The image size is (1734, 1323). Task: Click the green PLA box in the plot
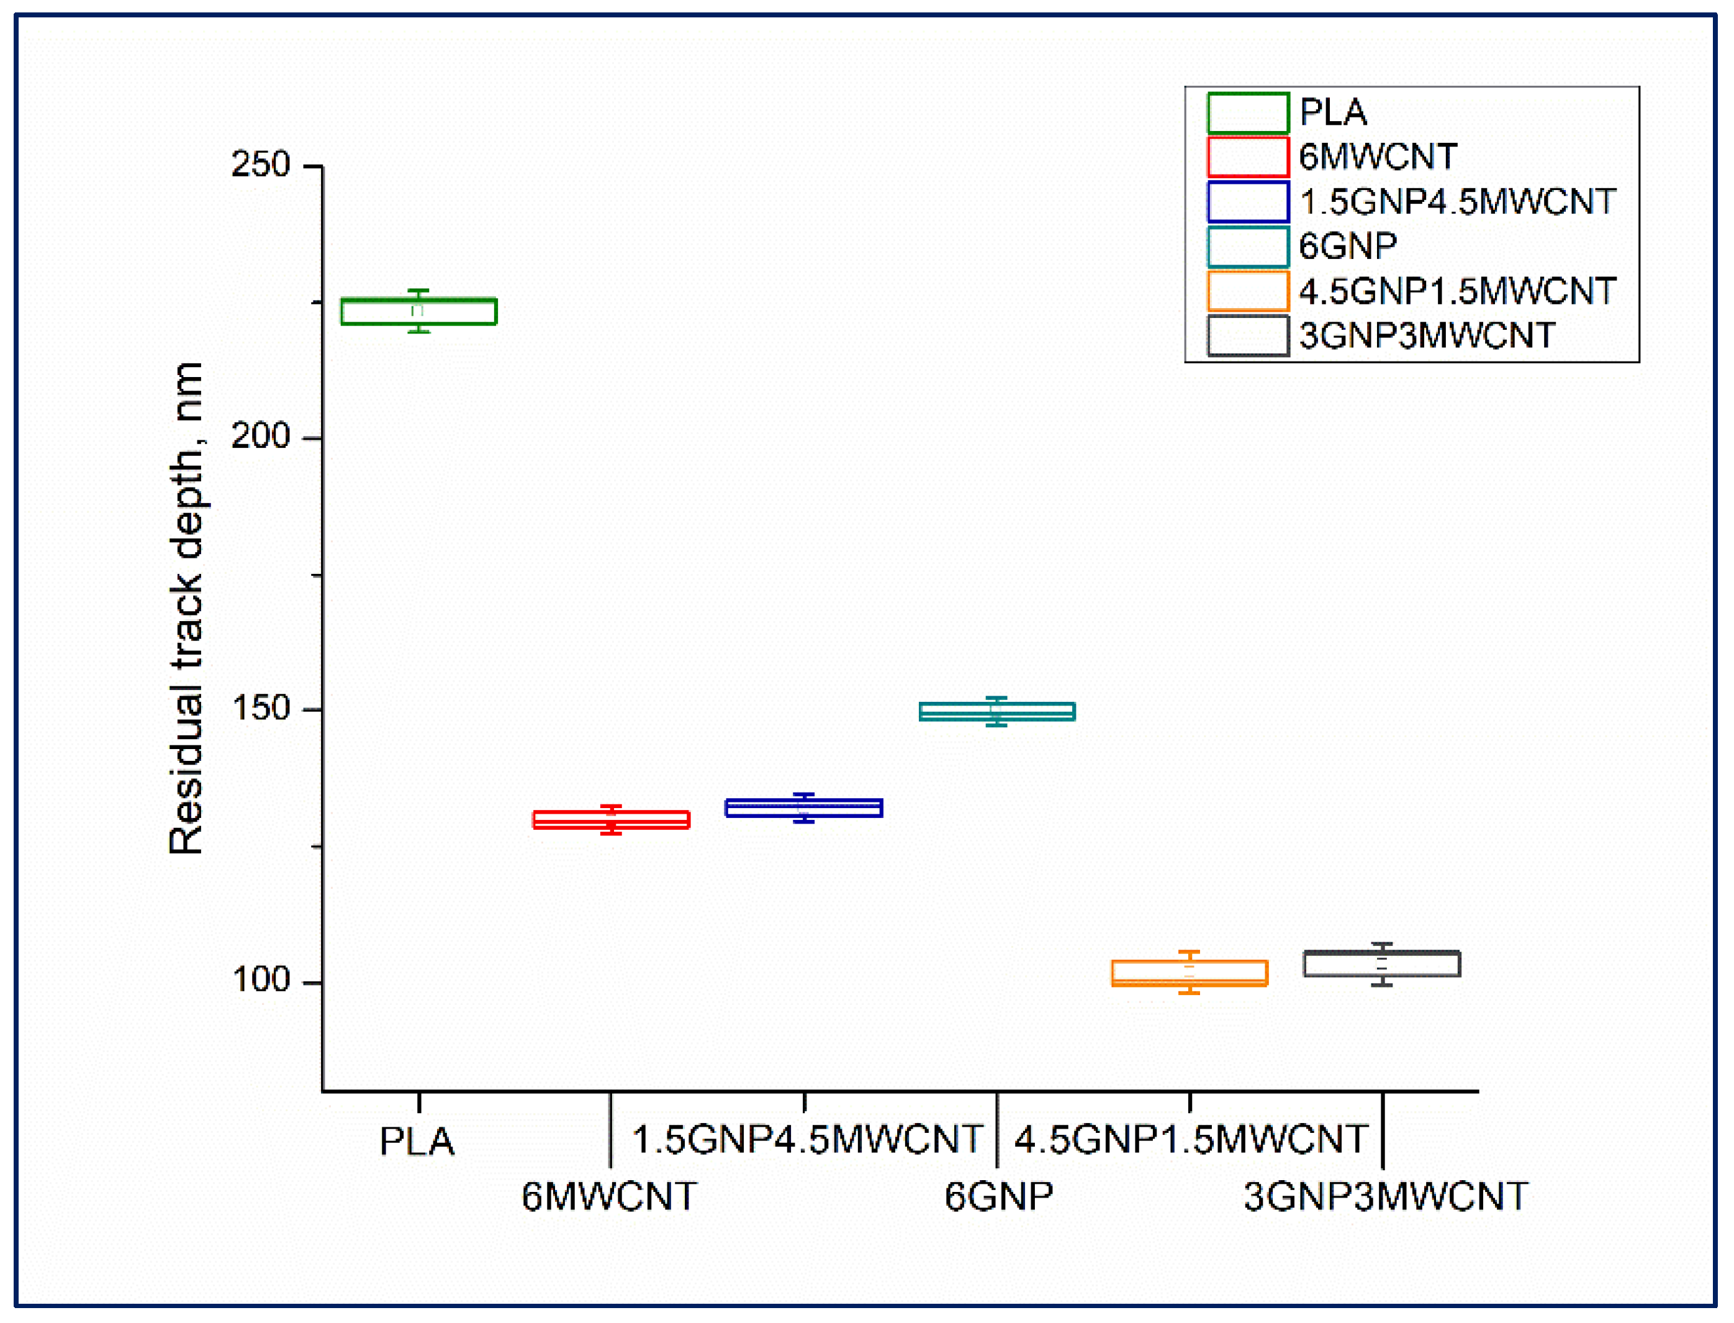[x=418, y=312]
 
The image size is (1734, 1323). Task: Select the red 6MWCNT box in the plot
[x=612, y=820]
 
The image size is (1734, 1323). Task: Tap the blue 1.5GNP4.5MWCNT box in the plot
[x=803, y=808]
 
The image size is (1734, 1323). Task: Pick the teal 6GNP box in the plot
[x=997, y=712]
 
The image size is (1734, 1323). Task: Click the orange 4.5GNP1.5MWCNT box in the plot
[x=1190, y=973]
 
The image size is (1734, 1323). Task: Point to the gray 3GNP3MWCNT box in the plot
[x=1382, y=964]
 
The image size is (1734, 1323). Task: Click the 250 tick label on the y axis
[x=261, y=165]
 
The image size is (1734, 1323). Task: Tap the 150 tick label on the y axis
[x=261, y=709]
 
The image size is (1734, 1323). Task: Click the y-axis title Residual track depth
[x=186, y=608]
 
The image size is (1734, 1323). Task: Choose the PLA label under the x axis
[x=417, y=1142]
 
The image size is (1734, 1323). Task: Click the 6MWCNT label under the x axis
[x=609, y=1197]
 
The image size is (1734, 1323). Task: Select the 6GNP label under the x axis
[x=998, y=1197]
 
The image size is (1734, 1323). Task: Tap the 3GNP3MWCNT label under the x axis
[x=1385, y=1197]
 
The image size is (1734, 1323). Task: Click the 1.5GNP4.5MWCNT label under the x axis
[x=807, y=1140]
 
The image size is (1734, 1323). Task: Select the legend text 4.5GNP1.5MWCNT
[x=1457, y=291]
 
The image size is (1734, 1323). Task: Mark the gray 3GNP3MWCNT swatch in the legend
[x=1247, y=336]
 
